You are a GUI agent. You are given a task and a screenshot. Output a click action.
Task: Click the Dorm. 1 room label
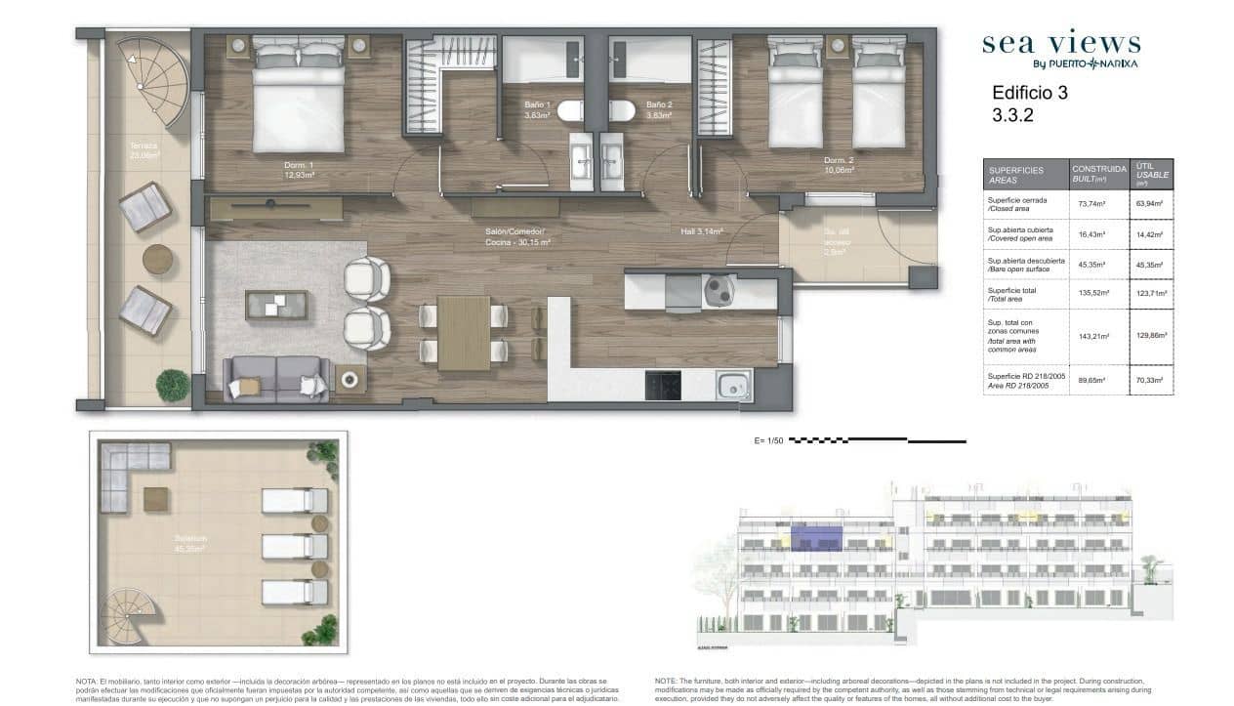pos(299,170)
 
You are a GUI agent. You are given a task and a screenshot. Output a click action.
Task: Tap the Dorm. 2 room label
pos(839,165)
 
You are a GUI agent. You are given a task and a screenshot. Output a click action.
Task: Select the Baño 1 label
pos(537,109)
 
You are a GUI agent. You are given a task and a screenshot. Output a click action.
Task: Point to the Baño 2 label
pos(659,109)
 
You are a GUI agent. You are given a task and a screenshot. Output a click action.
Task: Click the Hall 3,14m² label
pos(701,231)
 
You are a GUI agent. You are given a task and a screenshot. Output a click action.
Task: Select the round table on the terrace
pos(157,260)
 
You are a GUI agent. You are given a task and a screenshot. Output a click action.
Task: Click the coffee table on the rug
pos(276,306)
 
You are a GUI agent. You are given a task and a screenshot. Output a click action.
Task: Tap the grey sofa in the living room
pos(276,378)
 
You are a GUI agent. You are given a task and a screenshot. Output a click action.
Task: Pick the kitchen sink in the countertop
pos(734,385)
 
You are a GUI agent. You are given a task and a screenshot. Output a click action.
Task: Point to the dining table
pos(464,333)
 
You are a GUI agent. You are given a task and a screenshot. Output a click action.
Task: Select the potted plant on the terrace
pos(173,385)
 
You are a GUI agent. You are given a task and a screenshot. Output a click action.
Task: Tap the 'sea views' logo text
pos(1060,44)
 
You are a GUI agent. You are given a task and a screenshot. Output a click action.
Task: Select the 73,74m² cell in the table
pos(1090,204)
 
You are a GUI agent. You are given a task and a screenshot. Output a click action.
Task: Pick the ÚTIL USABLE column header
pos(1150,174)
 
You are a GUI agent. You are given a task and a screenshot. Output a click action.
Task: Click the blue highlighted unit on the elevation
pos(816,536)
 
